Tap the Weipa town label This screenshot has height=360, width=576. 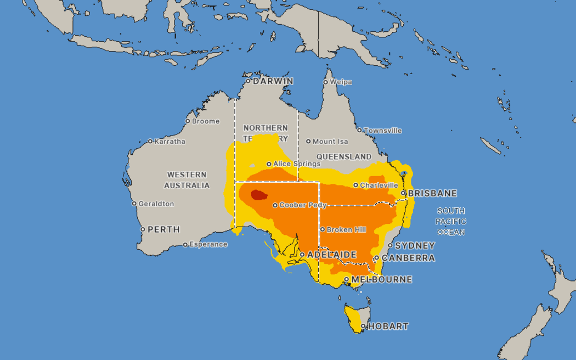click(x=341, y=82)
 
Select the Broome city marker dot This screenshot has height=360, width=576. click(x=188, y=121)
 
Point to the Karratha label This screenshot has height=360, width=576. click(x=170, y=142)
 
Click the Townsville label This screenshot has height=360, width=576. click(x=382, y=131)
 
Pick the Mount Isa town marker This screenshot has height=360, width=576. click(x=308, y=142)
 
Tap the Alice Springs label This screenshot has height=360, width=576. click(x=297, y=164)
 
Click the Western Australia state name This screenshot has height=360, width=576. click(x=188, y=180)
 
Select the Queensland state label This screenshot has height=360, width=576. click(x=344, y=156)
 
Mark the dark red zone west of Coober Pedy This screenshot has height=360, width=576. click(x=258, y=195)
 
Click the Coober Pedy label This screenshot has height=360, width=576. click(x=303, y=205)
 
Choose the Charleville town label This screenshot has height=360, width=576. click(x=379, y=185)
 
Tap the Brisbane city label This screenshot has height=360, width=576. click(x=432, y=193)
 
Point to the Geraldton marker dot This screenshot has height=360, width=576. click(x=134, y=204)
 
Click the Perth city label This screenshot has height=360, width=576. click(x=163, y=229)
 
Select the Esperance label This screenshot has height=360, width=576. click(x=208, y=245)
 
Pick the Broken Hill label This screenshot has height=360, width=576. click(x=346, y=230)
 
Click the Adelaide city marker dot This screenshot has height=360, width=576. click(x=302, y=255)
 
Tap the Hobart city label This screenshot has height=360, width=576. click(x=388, y=327)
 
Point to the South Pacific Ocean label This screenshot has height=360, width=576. click(x=451, y=222)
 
